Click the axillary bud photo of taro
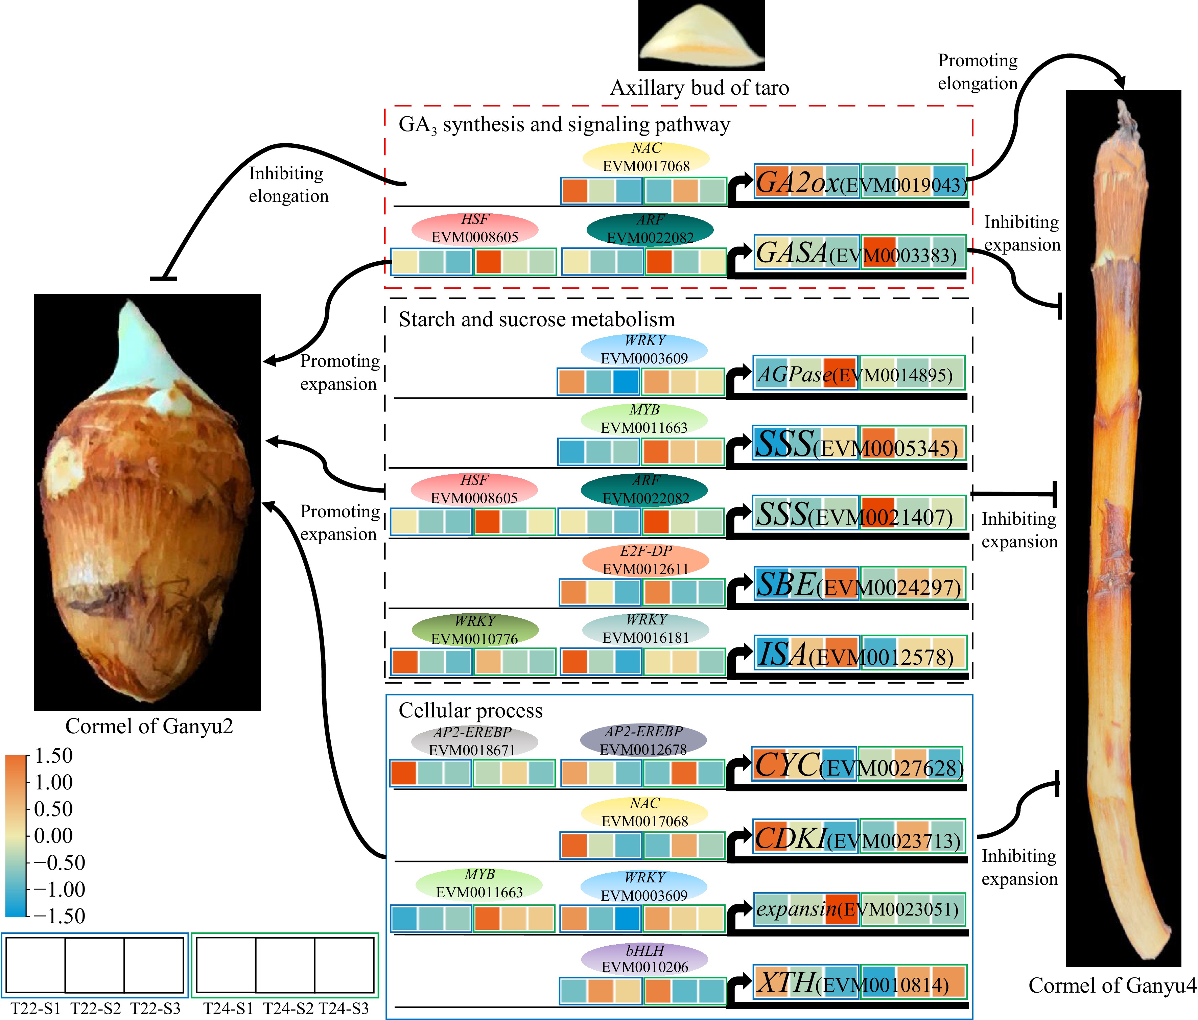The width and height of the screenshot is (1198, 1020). click(701, 36)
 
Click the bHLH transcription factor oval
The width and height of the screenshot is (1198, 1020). click(645, 959)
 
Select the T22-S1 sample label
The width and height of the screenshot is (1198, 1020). click(36, 1009)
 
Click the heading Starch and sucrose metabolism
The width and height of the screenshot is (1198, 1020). click(537, 319)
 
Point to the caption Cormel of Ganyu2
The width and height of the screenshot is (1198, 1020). click(149, 726)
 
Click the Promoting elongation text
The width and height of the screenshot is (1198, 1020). click(977, 72)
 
